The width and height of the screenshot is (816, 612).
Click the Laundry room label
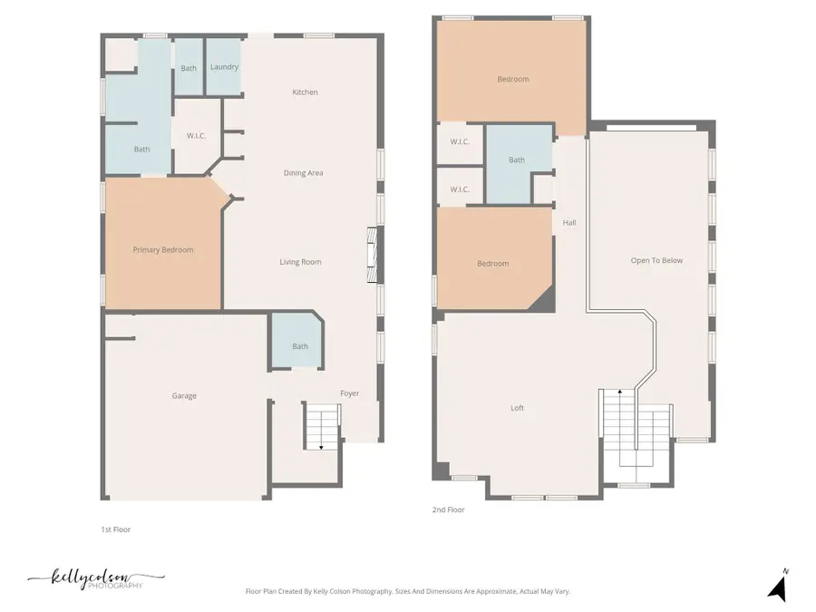(224, 68)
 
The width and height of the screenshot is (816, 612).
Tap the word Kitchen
(305, 92)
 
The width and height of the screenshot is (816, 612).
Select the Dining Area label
(303, 173)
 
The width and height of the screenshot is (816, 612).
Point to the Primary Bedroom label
(163, 250)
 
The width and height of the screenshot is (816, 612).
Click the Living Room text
(300, 262)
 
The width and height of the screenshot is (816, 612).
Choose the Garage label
(184, 395)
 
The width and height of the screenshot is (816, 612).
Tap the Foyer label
(350, 393)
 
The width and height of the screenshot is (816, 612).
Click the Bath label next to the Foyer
(300, 346)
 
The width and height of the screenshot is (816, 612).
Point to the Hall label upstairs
(569, 222)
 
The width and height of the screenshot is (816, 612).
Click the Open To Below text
(656, 261)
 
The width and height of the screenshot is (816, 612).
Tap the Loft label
(517, 408)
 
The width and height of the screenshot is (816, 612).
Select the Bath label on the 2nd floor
(516, 160)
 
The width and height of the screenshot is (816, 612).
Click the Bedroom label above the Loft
(492, 264)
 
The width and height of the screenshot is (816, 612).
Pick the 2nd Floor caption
(448, 510)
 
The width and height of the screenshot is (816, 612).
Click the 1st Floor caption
(115, 529)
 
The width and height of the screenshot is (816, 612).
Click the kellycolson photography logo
(95, 578)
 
